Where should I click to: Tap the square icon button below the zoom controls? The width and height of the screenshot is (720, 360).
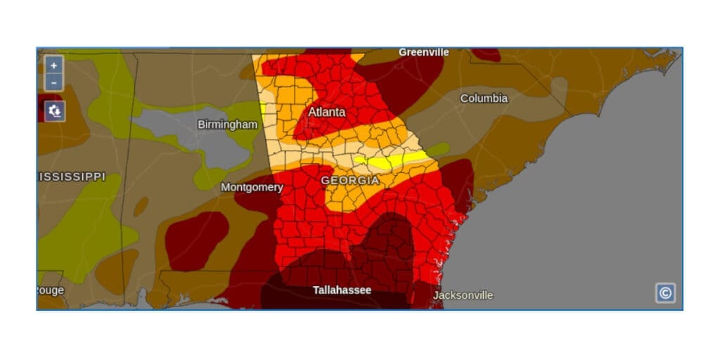pos(55,110)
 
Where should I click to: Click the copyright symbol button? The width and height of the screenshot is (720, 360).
pos(665,292)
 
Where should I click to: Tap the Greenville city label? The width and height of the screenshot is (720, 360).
pos(423,52)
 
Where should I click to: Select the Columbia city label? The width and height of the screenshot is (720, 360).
pos(484,98)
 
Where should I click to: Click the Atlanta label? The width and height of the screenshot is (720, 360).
pos(327,112)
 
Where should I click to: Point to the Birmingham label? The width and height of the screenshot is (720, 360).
pos(227,124)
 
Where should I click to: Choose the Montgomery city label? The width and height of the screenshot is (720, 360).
pos(252,187)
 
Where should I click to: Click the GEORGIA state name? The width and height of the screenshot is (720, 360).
pos(349,181)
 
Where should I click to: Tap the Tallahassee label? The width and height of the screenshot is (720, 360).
pos(342,290)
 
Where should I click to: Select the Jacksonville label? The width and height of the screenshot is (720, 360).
pos(463,295)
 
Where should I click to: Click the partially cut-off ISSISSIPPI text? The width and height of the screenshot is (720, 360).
pos(71,176)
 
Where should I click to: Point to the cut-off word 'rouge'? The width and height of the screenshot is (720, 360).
pos(51,290)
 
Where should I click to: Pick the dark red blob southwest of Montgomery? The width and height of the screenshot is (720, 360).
pos(196,240)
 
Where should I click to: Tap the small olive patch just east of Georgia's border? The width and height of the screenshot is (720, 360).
pos(438,149)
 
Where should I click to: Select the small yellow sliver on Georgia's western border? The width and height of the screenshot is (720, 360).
pos(263,110)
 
